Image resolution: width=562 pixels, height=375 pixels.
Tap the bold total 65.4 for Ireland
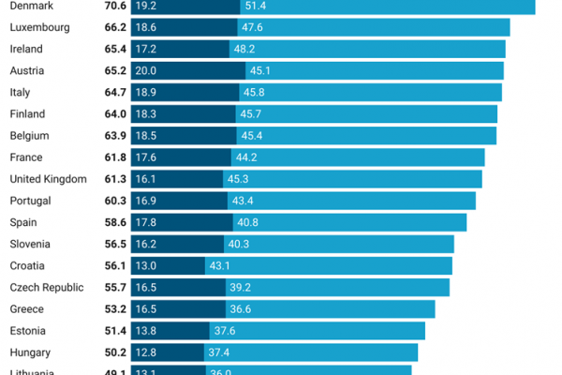[x=116, y=49]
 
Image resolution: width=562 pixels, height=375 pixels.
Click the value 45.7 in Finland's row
[x=251, y=113]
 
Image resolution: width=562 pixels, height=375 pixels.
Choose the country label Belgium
[x=29, y=135]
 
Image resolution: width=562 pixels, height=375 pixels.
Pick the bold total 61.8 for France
[x=116, y=157]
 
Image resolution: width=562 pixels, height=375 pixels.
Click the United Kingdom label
[x=48, y=179]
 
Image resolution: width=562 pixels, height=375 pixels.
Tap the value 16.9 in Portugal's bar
[x=146, y=201]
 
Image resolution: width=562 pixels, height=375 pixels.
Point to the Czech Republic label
[x=47, y=287]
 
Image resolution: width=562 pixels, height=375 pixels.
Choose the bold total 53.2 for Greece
[x=116, y=308]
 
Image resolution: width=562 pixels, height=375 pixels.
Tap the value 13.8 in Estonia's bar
[x=146, y=330]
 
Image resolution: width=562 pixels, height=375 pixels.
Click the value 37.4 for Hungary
[x=219, y=352]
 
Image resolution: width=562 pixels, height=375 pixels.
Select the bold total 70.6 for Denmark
[x=116, y=6]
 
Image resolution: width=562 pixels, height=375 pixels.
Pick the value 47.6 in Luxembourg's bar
[x=252, y=27]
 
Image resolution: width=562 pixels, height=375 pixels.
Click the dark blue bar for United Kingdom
[x=192, y=179]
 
